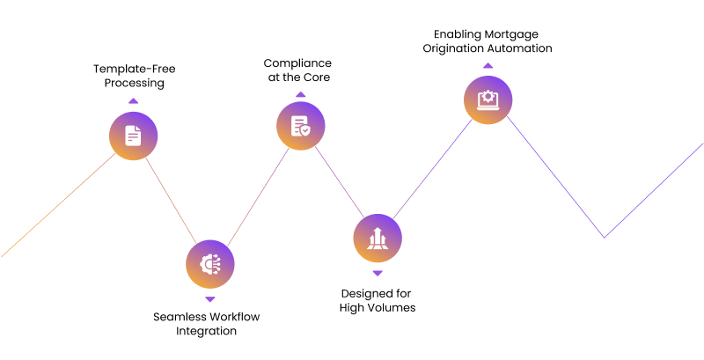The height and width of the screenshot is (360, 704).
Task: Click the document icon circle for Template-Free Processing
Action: pyautogui.click(x=134, y=136)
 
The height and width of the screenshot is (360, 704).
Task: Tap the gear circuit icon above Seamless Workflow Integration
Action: pyautogui.click(x=210, y=264)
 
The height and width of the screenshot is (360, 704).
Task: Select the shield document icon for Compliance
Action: pyautogui.click(x=301, y=126)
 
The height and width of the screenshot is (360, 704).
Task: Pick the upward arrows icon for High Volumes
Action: pyautogui.click(x=378, y=238)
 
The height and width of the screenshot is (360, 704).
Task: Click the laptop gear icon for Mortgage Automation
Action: pyautogui.click(x=488, y=99)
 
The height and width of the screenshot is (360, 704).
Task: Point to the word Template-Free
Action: pyautogui.click(x=135, y=70)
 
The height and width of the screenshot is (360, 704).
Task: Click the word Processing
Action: pyautogui.click(x=135, y=84)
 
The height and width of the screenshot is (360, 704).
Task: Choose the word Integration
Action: pyautogui.click(x=206, y=331)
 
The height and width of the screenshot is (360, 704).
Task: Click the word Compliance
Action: pyautogui.click(x=297, y=63)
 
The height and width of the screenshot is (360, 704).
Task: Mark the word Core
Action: pyautogui.click(x=317, y=77)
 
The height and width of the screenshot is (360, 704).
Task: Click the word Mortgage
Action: pyautogui.click(x=514, y=34)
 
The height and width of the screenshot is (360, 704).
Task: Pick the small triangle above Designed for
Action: pyautogui.click(x=378, y=273)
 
